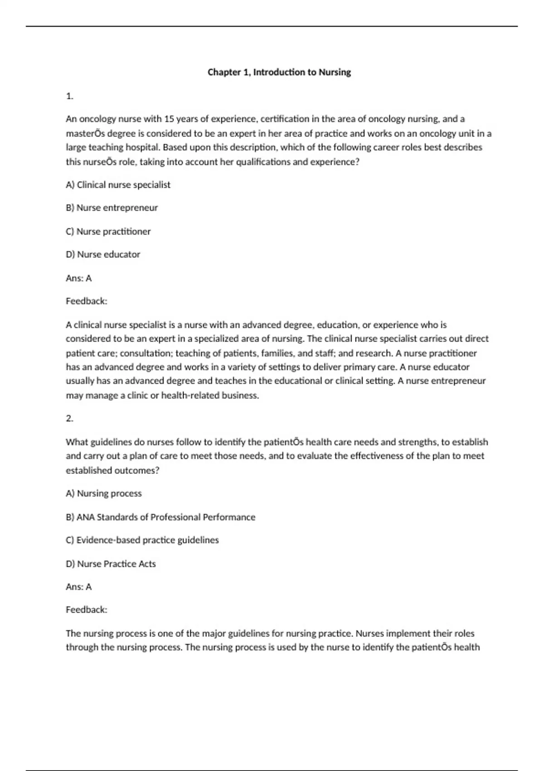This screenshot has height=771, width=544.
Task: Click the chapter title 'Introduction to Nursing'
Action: [279, 72]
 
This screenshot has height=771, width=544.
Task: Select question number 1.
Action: [69, 96]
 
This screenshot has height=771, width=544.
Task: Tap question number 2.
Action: [69, 419]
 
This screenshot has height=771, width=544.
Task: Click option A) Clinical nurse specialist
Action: [118, 185]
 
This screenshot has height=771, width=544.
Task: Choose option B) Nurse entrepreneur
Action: [112, 208]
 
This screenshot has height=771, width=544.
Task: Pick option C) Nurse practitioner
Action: [108, 231]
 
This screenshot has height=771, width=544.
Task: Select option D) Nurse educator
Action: [103, 254]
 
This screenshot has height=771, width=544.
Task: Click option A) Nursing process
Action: [103, 493]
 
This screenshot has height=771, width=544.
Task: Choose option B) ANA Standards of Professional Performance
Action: [160, 517]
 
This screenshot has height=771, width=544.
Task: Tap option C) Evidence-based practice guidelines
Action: [142, 540]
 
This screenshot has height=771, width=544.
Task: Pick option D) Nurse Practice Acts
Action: [111, 564]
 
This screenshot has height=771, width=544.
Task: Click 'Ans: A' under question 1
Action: [78, 278]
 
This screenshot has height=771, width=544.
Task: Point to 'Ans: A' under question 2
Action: [78, 587]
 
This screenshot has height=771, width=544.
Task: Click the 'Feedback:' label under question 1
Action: [87, 301]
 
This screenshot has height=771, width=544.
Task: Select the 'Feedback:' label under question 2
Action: [87, 610]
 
